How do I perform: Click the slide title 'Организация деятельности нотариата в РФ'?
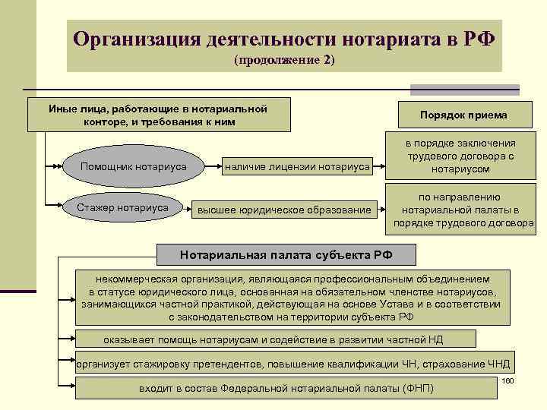tap(284, 37)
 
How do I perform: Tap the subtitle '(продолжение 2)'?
tap(284, 59)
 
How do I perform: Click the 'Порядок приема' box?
tap(463, 115)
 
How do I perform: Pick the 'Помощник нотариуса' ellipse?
tap(134, 166)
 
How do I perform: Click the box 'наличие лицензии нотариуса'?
tap(296, 166)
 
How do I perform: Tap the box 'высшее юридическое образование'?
tap(284, 210)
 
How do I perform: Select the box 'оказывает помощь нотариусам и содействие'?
tap(276, 339)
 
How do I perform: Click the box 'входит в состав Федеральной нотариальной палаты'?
tap(286, 388)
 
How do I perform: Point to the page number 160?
tap(508, 380)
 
